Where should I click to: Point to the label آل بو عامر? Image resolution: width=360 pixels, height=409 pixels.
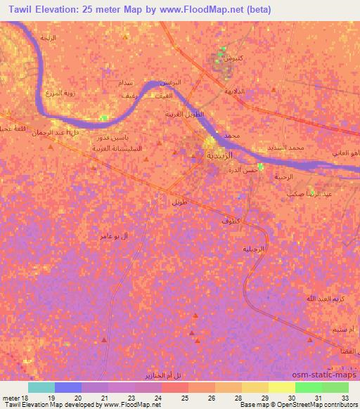coord(114,237)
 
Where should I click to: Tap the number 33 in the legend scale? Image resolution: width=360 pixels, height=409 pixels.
coord(345,398)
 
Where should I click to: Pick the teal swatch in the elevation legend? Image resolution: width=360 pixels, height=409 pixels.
coord(41,387)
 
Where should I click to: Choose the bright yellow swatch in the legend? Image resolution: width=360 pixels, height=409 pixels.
coord(281,387)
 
